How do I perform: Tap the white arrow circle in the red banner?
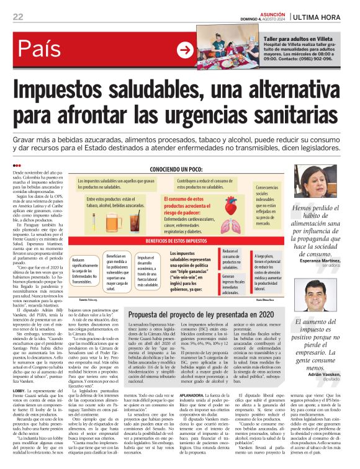tap(185, 50)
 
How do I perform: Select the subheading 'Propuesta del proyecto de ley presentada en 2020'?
tap(197, 315)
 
